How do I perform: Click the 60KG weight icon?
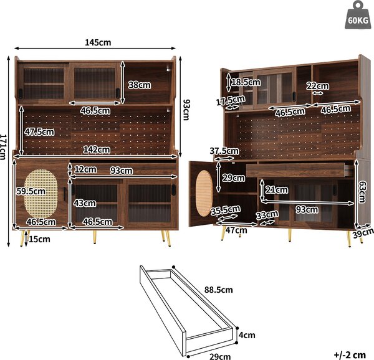[x=358, y=15]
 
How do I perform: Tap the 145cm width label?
[x=98, y=42]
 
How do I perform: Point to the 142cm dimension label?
[x=97, y=149]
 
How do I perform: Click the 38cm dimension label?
[x=140, y=85]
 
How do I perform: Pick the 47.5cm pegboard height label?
[x=39, y=132]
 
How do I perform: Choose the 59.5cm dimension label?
[x=31, y=191]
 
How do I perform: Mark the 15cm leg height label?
[x=40, y=239]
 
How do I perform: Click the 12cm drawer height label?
[x=85, y=169]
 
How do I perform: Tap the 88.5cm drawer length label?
[x=219, y=290]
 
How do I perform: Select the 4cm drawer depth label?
[x=247, y=335]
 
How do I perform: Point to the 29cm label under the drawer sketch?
[x=220, y=356]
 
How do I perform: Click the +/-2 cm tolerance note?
[x=350, y=355]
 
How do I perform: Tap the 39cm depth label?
[x=363, y=233]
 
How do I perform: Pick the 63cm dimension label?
[x=363, y=192]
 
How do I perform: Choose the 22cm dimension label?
[x=317, y=86]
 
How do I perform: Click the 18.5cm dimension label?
[x=246, y=82]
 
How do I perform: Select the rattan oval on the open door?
[x=204, y=193]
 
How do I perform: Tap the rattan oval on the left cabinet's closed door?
[x=41, y=192]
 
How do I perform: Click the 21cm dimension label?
[x=277, y=190]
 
